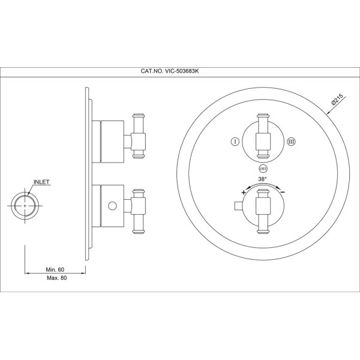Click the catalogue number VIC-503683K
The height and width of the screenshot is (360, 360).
[x=170, y=71]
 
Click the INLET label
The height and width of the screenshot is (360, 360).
[x=41, y=182]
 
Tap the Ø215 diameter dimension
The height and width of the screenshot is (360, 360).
[x=337, y=99]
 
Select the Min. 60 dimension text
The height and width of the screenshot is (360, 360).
[x=55, y=269]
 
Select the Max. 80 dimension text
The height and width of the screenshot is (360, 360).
[x=57, y=278]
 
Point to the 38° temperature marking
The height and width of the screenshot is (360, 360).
[x=262, y=179]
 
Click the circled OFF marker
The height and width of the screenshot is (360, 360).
[x=263, y=169]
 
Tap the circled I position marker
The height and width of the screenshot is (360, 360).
[x=235, y=142]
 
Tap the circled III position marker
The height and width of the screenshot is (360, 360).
[x=292, y=142]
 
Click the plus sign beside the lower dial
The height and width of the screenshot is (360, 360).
[x=244, y=193]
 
